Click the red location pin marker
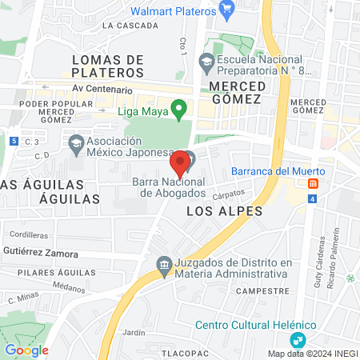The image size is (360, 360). [180, 162]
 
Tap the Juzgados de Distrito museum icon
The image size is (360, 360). [164, 266]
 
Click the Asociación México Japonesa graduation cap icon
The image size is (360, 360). [77, 144]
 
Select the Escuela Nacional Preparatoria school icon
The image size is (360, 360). [207, 61]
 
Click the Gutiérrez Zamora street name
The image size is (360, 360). [40, 254]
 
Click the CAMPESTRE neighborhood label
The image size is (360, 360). [262, 291]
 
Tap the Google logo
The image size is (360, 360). [26, 350]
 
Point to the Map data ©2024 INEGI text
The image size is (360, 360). [312, 354]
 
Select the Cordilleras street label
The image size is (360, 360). [27, 235]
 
